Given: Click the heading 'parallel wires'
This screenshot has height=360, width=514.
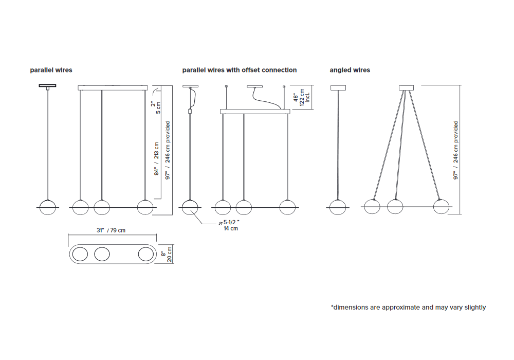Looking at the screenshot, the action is click(51, 70).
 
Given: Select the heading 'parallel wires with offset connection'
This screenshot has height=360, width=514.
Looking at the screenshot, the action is click(240, 70).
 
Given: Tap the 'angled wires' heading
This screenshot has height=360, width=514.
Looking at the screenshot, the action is click(350, 70).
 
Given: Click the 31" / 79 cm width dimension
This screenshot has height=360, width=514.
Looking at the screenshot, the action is click(111, 230).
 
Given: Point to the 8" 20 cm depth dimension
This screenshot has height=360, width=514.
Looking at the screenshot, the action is click(167, 254).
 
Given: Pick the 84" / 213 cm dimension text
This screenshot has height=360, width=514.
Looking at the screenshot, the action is click(156, 159).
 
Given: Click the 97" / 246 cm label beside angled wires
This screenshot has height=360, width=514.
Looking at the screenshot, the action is click(455, 150).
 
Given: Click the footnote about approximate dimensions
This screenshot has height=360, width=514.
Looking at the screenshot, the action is click(409, 307).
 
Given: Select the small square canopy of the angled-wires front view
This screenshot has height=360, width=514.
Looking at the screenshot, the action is click(406, 88).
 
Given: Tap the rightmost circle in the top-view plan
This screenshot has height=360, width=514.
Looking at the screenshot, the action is click(146, 254).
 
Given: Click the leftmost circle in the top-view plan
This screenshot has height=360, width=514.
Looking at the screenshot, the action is click(80, 254).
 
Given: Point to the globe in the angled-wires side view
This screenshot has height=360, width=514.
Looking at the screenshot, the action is click(338, 207).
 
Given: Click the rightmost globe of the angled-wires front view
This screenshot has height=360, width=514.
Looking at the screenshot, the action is click(441, 207).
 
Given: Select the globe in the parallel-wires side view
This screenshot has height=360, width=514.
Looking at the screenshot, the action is click(47, 208).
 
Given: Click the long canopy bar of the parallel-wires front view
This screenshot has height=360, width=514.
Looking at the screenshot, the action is click(113, 88).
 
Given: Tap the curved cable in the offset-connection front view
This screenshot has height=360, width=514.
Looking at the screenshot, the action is click(266, 98).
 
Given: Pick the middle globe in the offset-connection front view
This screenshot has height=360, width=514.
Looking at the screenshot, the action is click(244, 207).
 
